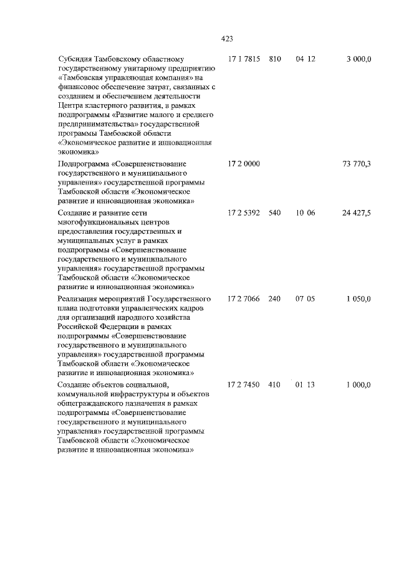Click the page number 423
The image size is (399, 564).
tap(227, 39)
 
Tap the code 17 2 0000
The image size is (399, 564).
tap(244, 163)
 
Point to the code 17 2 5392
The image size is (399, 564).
tap(244, 213)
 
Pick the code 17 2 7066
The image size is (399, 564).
tap(244, 299)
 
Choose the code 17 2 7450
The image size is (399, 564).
tap(244, 385)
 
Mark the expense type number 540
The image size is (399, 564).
tap(274, 213)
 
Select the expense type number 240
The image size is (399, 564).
tap(274, 299)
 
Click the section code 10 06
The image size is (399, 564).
tap(305, 213)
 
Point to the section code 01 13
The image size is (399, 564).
tap(305, 385)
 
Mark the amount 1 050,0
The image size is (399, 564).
tap(358, 299)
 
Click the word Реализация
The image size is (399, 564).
tap(79, 299)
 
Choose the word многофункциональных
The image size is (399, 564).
tap(96, 222)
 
